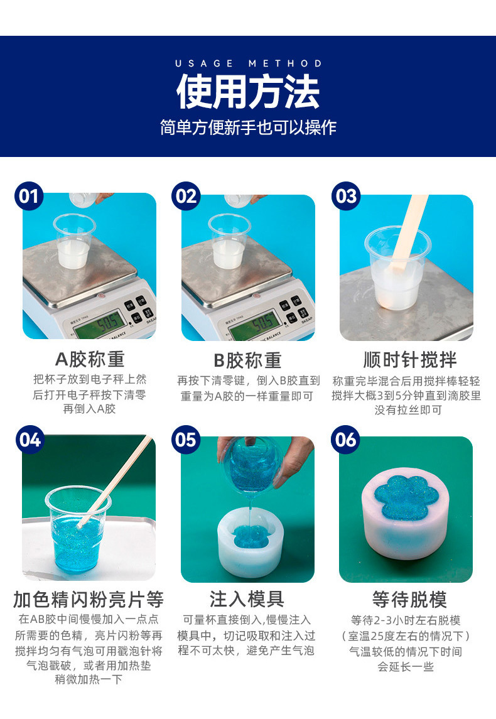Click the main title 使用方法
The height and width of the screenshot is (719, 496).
click(248, 92)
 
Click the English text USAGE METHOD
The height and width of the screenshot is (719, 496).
click(248, 63)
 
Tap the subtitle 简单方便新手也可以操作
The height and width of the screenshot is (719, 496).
click(248, 127)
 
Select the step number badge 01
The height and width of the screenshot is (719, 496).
click(29, 196)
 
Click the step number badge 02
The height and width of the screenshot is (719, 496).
click(186, 196)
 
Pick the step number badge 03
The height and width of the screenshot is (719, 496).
click(346, 196)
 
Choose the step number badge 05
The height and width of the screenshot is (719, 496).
click(186, 439)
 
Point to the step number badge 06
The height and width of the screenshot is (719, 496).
click(346, 439)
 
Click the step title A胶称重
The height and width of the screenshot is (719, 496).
click(90, 359)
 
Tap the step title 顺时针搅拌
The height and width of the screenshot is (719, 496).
click(410, 360)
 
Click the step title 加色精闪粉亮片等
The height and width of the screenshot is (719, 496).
click(89, 599)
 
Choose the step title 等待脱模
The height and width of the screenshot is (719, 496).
click(409, 599)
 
